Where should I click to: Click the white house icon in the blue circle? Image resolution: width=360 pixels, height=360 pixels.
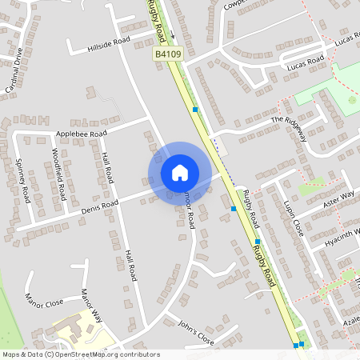180,173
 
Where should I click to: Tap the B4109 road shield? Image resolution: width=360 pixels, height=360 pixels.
169,53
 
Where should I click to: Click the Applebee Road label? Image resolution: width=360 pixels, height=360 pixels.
81,134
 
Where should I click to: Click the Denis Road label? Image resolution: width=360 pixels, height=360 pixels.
99,206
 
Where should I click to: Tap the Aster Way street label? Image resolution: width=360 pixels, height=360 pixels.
337,198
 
